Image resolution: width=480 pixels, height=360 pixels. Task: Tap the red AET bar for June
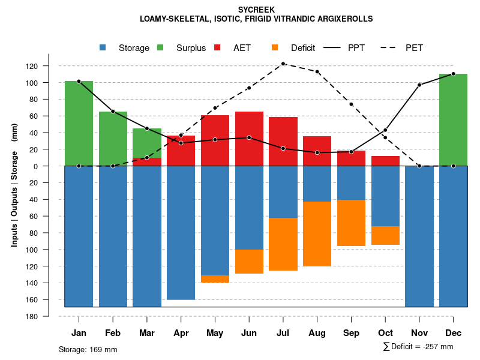(249, 139)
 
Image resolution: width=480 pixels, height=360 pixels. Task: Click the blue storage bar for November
(419, 236)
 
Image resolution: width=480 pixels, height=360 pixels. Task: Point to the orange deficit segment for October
(385, 235)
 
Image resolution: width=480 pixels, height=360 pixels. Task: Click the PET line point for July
(283, 64)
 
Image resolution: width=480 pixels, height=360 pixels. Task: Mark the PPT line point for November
(419, 85)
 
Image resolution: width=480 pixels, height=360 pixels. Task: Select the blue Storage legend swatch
(103, 48)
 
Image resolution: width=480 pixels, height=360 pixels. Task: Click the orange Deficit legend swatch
(275, 48)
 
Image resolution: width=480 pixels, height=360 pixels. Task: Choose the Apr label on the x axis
(181, 333)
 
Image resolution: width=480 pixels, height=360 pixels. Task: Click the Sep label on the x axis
(351, 333)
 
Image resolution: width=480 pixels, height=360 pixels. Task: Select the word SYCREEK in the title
(256, 10)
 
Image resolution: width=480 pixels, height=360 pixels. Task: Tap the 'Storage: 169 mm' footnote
(88, 349)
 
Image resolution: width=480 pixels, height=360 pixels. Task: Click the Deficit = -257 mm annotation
(418, 347)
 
